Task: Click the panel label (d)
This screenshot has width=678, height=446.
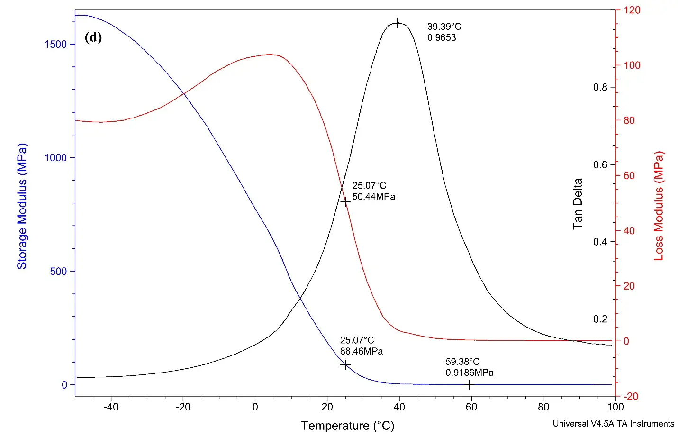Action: [x=93, y=37]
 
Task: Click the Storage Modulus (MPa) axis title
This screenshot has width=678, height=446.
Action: [x=22, y=206]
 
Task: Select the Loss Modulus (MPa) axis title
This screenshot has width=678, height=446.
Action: [x=659, y=206]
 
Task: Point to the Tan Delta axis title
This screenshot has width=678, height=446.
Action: [x=578, y=204]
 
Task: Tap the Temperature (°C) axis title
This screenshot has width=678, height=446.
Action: [x=347, y=426]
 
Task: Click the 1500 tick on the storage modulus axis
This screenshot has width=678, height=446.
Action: [x=55, y=44]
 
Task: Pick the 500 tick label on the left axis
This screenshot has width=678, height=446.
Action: [x=58, y=272]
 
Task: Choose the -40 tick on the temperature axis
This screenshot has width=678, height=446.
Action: [x=111, y=407]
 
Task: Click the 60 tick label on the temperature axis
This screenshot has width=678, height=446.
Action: [x=471, y=407]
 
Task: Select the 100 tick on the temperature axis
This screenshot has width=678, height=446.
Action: [x=615, y=407]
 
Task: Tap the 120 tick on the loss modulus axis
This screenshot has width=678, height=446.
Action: [x=632, y=10]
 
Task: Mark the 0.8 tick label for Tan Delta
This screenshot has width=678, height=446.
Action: [x=600, y=87]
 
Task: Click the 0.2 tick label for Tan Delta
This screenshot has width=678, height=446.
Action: [x=600, y=319]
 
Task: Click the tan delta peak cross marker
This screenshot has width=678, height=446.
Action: [x=397, y=23]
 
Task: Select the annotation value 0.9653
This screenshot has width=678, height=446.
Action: [x=442, y=38]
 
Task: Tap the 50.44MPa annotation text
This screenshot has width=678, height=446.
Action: [x=373, y=197]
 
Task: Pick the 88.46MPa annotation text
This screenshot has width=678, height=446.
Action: [x=361, y=351]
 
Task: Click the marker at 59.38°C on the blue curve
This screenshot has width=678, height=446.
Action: [x=469, y=384]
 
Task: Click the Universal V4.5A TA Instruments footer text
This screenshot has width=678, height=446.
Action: [x=613, y=424]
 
